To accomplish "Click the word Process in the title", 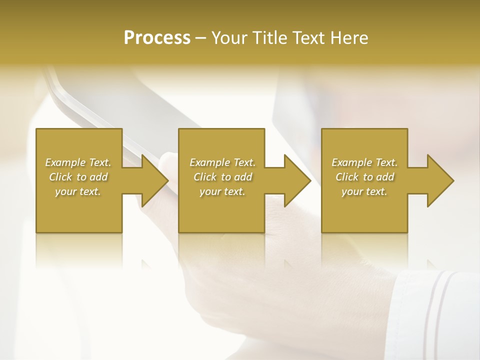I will (x=157, y=37).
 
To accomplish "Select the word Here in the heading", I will (x=348, y=37).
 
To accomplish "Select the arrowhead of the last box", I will (x=439, y=180).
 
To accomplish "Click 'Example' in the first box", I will (x=65, y=162).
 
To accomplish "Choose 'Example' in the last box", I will (x=352, y=162).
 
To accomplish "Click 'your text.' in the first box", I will (x=78, y=191).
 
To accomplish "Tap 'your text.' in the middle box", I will (x=222, y=191).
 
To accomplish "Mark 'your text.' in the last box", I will (x=364, y=191).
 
